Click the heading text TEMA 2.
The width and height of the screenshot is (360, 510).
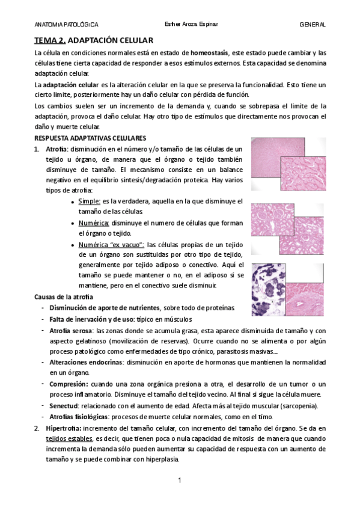pyautogui.click(x=49, y=40)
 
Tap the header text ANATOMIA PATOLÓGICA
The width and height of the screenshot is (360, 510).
pyautogui.click(x=67, y=25)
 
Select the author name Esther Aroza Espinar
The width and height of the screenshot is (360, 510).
pyautogui.click(x=191, y=25)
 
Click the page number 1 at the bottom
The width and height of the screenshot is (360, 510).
pyautogui.click(x=180, y=481)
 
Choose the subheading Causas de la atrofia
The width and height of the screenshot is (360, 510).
pyautogui.click(x=64, y=297)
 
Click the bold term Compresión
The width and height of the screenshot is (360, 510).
pyautogui.click(x=69, y=384)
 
